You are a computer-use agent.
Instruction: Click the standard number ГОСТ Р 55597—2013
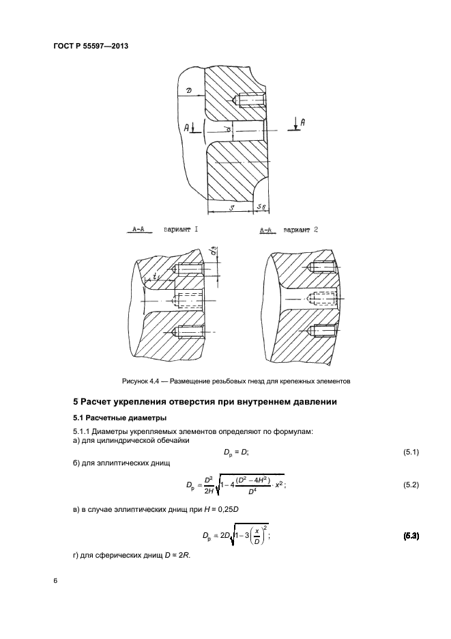pyautogui.click(x=91, y=46)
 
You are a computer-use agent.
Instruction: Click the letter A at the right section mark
pyautogui.click(x=302, y=121)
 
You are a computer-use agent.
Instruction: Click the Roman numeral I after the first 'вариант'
pyautogui.click(x=197, y=230)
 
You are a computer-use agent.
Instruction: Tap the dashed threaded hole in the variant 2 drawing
pyautogui.click(x=321, y=298)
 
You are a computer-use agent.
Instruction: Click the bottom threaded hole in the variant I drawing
pyautogui.click(x=188, y=332)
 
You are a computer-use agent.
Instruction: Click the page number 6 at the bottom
pyautogui.click(x=55, y=581)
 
